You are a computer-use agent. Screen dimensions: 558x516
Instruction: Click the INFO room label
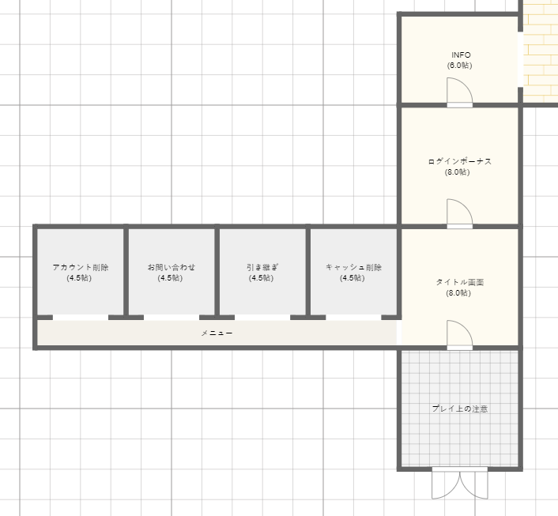(x=461, y=55)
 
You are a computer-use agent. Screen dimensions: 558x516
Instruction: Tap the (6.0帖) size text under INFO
(x=460, y=66)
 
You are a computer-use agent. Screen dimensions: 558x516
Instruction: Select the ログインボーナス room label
(x=460, y=161)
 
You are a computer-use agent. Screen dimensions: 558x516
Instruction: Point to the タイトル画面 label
(x=460, y=282)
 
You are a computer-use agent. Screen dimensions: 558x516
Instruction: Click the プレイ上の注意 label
(x=460, y=409)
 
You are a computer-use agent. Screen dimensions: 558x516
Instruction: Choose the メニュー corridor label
(x=217, y=333)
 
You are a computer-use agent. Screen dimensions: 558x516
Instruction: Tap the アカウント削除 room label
(x=81, y=267)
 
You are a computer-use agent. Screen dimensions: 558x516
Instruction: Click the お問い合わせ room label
(x=172, y=267)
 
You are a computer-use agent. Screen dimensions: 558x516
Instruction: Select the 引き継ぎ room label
(x=262, y=267)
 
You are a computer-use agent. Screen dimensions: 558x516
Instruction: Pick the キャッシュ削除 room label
(x=354, y=267)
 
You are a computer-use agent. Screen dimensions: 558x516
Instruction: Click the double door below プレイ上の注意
(x=460, y=483)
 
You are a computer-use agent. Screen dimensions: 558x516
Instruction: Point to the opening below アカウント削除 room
(x=81, y=318)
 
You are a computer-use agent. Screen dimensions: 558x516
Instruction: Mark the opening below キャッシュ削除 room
(x=353, y=318)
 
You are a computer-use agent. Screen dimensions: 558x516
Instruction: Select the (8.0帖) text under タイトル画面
(x=458, y=293)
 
